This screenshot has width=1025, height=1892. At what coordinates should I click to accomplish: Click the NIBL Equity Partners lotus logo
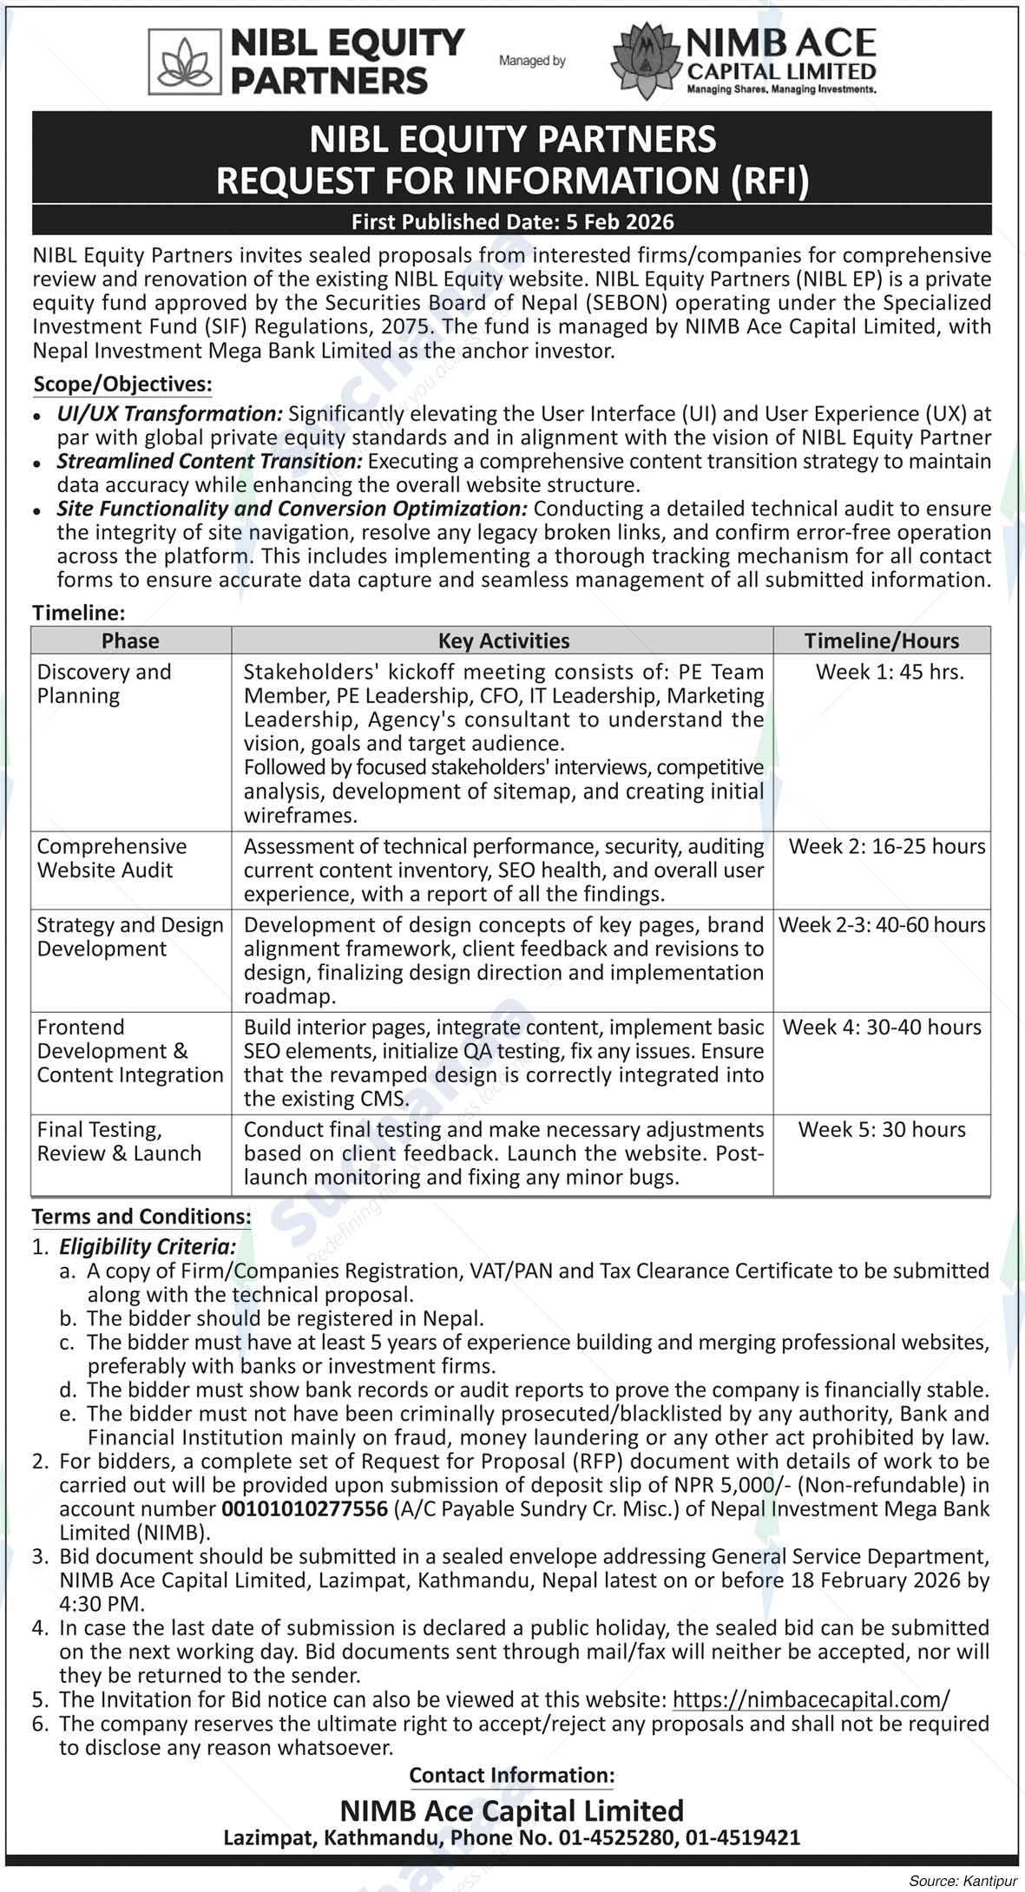(184, 61)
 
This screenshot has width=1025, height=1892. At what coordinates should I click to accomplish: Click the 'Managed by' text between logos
(532, 61)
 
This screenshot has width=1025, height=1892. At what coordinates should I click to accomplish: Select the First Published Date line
(512, 222)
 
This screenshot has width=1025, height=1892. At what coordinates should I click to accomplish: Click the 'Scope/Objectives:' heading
(122, 384)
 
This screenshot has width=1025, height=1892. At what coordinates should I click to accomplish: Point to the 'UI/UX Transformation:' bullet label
(170, 414)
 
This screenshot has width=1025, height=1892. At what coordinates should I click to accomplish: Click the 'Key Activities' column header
(503, 641)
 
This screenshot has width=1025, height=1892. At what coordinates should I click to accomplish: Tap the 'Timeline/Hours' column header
(881, 641)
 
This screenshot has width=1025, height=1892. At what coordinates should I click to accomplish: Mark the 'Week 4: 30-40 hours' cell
(882, 1028)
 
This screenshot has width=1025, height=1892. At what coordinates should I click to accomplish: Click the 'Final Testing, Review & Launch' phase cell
(119, 1141)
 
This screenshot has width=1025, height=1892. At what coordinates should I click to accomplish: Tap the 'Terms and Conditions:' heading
(141, 1217)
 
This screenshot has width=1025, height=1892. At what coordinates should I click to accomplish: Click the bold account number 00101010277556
(305, 1509)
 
